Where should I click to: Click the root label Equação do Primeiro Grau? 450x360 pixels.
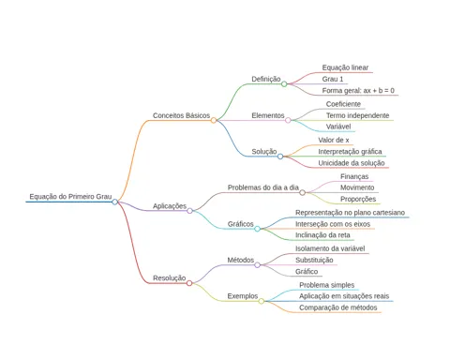click(70, 197)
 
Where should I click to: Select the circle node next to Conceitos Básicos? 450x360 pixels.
click(214, 120)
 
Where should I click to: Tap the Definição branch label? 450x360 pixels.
click(266, 79)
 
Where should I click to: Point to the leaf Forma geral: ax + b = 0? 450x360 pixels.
click(358, 91)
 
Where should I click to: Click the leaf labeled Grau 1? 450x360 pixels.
click(333, 79)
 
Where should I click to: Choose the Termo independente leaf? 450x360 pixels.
click(357, 115)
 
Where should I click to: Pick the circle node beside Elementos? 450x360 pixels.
click(288, 120)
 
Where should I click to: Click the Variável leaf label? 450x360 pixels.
click(338, 127)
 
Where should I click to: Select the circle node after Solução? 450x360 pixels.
click(280, 157)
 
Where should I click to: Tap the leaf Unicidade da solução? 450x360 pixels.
click(352, 163)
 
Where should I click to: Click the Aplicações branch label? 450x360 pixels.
click(170, 206)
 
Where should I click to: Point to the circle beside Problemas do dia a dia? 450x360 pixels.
click(302, 192)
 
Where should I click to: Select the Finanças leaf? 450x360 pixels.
click(354, 176)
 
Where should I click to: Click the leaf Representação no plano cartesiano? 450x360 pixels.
click(350, 213)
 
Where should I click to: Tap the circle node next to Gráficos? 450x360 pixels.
click(257, 229)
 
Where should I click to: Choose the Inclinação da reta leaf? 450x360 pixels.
click(322, 235)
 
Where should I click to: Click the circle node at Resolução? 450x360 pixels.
click(189, 283)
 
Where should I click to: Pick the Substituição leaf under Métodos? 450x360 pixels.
click(314, 260)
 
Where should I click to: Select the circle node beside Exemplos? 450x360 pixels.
click(262, 301)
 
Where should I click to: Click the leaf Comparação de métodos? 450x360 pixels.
click(338, 307)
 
